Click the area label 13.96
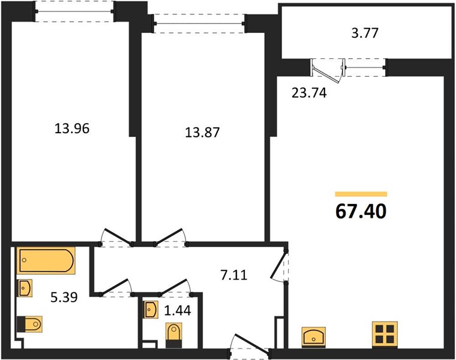[72, 128]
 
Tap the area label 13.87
[202, 133]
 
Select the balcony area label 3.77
[365, 33]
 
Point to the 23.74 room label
[309, 93]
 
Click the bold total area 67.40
[361, 211]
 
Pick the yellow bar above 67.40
[361, 194]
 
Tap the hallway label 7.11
[234, 275]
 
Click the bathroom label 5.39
[64, 298]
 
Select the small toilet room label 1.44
[178, 311]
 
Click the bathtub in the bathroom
[46, 260]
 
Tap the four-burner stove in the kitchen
[385, 334]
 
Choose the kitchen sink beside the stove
[313, 337]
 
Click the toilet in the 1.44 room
[173, 335]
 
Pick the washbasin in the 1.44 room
[151, 310]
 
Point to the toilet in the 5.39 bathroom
[29, 324]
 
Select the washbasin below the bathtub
[25, 288]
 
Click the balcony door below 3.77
[327, 70]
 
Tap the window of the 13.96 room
[74, 11]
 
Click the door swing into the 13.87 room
[170, 237]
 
